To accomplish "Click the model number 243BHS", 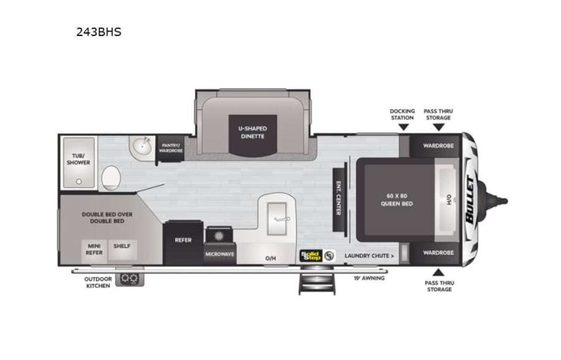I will [100, 32].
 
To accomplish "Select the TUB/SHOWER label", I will [78, 159].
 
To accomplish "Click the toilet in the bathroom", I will [111, 177].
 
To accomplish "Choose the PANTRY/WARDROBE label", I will [170, 147].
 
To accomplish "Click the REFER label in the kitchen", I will [183, 239].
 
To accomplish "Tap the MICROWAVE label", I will [219, 253].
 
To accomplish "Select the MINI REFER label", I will [93, 249].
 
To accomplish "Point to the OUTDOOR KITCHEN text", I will [97, 282].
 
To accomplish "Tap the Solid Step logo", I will [309, 255].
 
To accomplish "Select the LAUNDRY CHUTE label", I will [369, 255].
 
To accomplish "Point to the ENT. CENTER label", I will [338, 197].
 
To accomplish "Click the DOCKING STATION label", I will [401, 114].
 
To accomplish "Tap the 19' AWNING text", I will [369, 277].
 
